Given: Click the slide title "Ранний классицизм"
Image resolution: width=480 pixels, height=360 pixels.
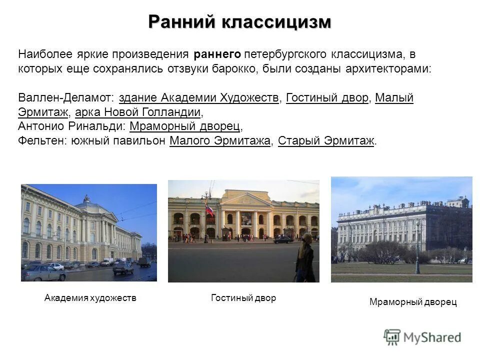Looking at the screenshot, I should click(x=239, y=22).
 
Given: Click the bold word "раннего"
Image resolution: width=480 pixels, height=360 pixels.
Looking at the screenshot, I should click(x=217, y=54).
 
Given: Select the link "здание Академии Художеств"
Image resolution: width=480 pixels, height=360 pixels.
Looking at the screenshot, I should click(x=199, y=97).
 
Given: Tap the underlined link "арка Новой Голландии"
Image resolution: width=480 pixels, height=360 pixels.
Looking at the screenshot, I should click(x=138, y=111).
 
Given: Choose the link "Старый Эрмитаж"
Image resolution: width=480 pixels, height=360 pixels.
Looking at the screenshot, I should click(x=326, y=140).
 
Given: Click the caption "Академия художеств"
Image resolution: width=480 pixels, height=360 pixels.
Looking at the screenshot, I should click(x=90, y=298).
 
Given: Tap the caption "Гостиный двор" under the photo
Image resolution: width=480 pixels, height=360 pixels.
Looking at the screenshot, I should click(x=243, y=298).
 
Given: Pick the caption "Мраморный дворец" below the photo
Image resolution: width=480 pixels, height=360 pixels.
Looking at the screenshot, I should click(x=413, y=302).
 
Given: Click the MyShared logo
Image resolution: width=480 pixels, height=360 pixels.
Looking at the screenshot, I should click(x=422, y=337).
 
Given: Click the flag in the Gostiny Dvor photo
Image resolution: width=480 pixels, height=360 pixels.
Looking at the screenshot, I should click(x=210, y=210).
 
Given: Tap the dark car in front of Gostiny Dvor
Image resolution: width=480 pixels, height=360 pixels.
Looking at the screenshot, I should click(x=283, y=239).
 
